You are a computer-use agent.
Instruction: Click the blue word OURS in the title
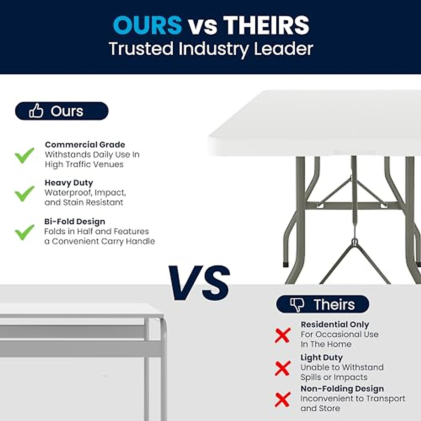click(x=147, y=25)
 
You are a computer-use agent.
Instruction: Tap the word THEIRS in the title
click(x=266, y=25)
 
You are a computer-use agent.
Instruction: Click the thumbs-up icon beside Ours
click(x=36, y=111)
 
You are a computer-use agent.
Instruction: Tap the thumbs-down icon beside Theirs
click(x=297, y=305)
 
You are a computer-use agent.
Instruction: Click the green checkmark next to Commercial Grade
click(x=25, y=155)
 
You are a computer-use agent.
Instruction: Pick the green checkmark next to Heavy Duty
click(x=25, y=193)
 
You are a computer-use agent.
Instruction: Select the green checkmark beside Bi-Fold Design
click(x=25, y=232)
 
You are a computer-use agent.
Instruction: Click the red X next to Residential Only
click(x=282, y=335)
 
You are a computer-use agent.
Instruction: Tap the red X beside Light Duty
click(x=282, y=368)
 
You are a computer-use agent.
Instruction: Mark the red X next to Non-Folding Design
click(x=282, y=400)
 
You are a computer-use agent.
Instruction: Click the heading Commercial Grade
click(x=85, y=145)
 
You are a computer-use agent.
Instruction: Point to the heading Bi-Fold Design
click(x=75, y=222)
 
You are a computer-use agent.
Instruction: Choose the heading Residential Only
click(x=335, y=325)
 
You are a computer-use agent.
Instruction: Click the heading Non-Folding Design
click(x=342, y=389)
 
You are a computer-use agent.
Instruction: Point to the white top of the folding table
click(x=316, y=119)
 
